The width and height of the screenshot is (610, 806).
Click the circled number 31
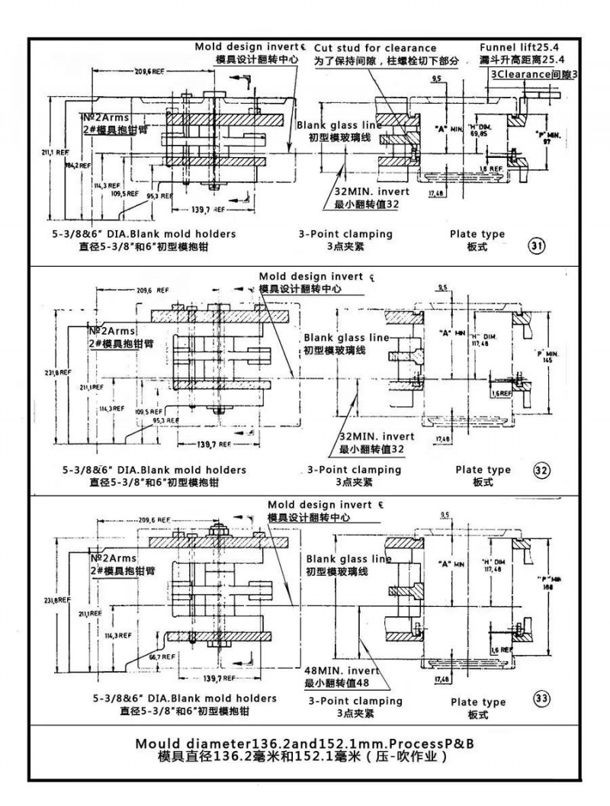(x=537, y=245)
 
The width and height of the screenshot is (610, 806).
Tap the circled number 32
(x=541, y=470)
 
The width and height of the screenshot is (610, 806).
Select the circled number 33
(x=541, y=698)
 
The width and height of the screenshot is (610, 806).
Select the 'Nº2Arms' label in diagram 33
(x=112, y=559)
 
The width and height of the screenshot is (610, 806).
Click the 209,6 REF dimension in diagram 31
(x=151, y=71)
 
